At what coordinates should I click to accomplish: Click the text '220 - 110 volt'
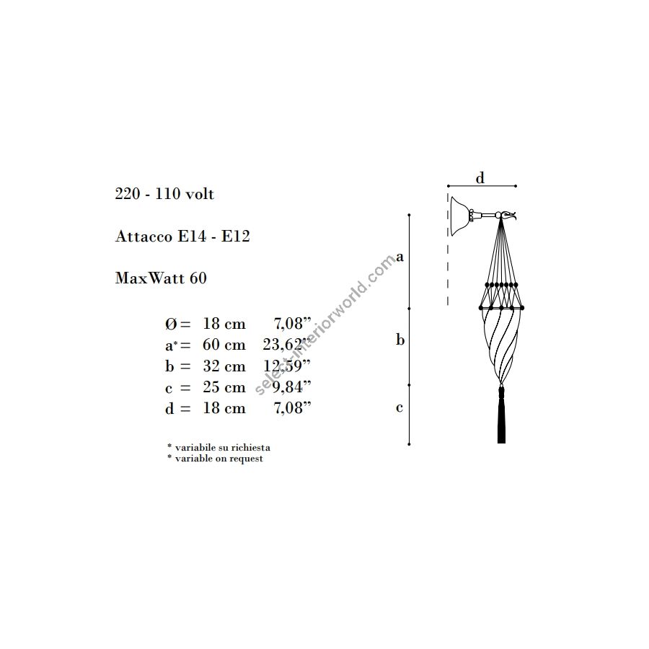[x=164, y=194]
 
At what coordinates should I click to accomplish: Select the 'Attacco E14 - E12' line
[x=182, y=236]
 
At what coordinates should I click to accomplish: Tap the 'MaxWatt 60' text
[x=161, y=278]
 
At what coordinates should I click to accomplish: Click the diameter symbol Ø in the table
[x=171, y=324]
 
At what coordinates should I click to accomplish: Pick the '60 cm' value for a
[x=224, y=345]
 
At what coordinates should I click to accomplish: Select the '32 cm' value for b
[x=224, y=366]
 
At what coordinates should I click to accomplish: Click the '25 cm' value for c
[x=224, y=387]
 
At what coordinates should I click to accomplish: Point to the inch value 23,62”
[x=286, y=345]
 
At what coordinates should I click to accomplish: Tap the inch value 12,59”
[x=286, y=366]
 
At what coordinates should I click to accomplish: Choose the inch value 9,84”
[x=291, y=387]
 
